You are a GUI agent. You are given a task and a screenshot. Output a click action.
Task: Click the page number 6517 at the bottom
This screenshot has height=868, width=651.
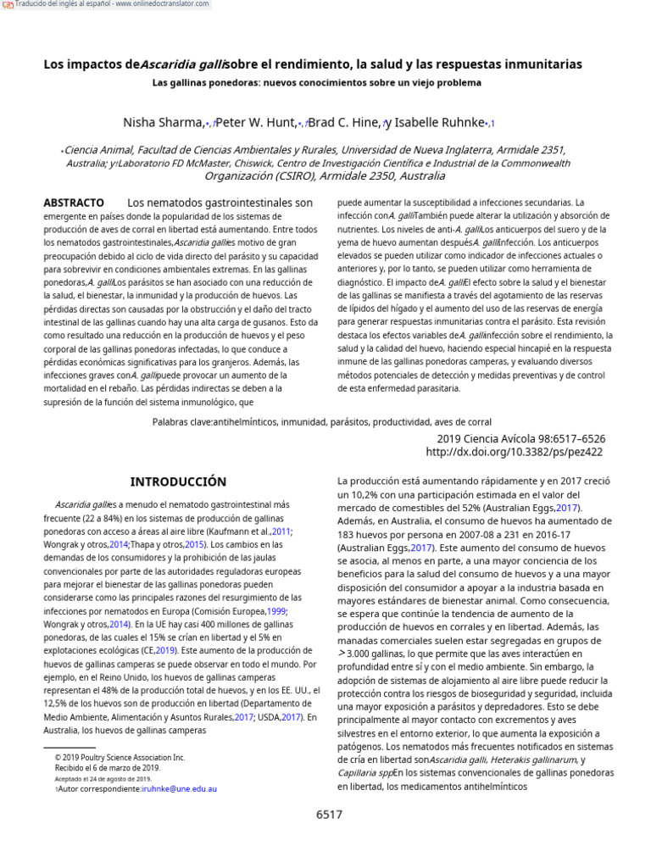[x=329, y=815]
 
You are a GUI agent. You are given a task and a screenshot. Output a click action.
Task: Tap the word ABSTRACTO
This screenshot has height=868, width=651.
[x=74, y=203]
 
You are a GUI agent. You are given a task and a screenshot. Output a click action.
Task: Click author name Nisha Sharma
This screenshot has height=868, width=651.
[x=164, y=122]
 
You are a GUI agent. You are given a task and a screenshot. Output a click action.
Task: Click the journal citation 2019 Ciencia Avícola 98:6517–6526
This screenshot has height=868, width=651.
[x=520, y=438]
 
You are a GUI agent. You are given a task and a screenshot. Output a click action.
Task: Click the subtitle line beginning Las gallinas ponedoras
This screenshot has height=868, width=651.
[x=316, y=83]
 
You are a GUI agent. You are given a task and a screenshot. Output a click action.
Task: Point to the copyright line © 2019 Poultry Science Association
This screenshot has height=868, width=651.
[x=120, y=757]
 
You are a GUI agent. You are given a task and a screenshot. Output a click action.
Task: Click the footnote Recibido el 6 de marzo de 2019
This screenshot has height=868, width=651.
[x=107, y=768]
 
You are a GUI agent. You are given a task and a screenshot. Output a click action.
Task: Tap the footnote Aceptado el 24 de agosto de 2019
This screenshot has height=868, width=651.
[x=103, y=778]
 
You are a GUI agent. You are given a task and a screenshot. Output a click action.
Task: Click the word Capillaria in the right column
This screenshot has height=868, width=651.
[x=359, y=772]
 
